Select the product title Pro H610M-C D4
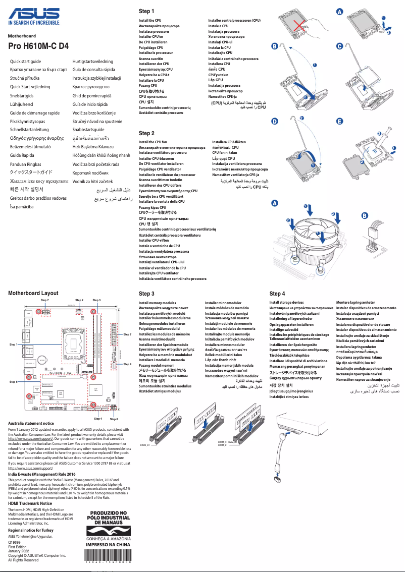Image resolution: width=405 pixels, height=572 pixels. (x=38, y=46)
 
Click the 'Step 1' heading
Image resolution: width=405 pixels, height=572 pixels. (x=146, y=11)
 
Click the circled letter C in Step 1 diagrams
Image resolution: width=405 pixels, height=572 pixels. (x=340, y=46)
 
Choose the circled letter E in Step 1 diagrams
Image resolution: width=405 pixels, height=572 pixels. (x=340, y=122)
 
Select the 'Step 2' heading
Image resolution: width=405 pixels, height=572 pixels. (x=146, y=133)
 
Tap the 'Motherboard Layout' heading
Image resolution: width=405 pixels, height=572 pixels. (x=33, y=293)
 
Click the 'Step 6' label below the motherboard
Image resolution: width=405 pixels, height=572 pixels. (x=114, y=419)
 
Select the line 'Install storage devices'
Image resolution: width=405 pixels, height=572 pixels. (x=286, y=303)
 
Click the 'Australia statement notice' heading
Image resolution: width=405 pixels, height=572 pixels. (x=31, y=423)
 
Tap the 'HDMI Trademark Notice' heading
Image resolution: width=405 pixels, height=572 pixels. (x=30, y=503)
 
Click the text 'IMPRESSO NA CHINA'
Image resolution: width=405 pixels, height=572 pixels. (x=109, y=544)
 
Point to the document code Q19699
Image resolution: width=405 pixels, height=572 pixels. (x=15, y=543)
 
